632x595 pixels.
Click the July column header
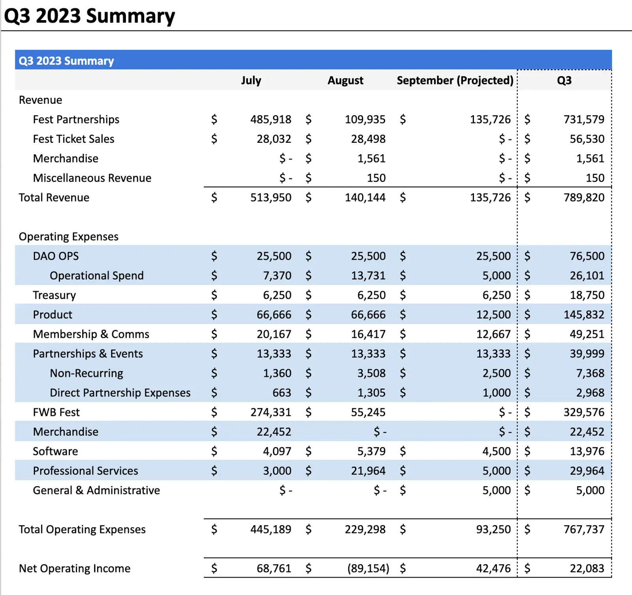[251, 80]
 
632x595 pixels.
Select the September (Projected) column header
[455, 80]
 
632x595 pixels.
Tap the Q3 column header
[564, 80]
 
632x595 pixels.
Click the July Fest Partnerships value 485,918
[271, 119]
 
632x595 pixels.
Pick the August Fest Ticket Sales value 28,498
[368, 139]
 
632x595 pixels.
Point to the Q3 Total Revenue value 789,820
[584, 197]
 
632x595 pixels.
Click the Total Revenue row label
[54, 197]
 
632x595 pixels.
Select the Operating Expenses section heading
[69, 236]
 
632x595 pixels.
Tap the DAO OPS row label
[56, 256]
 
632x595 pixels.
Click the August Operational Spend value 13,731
[368, 275]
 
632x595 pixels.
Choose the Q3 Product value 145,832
[584, 314]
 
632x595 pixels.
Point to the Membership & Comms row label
[91, 334]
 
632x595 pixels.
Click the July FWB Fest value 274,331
[271, 412]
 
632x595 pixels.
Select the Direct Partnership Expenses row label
[120, 393]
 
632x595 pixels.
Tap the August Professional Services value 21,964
[368, 471]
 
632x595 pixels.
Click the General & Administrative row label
[96, 490]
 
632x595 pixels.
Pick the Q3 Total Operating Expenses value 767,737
[584, 529]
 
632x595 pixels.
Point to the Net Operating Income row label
[75, 568]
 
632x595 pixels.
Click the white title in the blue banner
[66, 61]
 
